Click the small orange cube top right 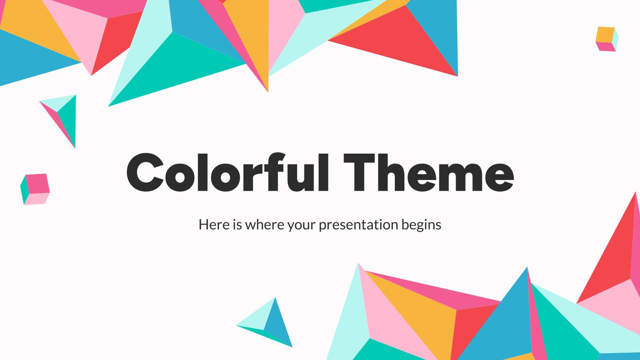tap(606, 38)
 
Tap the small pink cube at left tap(35, 189)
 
